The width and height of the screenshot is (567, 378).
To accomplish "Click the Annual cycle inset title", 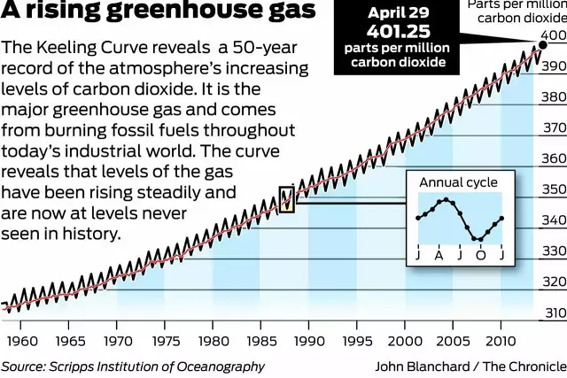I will click(458, 182).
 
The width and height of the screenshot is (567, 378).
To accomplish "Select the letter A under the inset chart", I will click(439, 256).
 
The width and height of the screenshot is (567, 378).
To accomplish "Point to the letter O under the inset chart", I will click(481, 256).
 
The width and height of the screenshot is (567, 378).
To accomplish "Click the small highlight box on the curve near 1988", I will click(287, 200).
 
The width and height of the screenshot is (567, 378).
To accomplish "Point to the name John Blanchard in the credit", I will click(416, 366).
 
